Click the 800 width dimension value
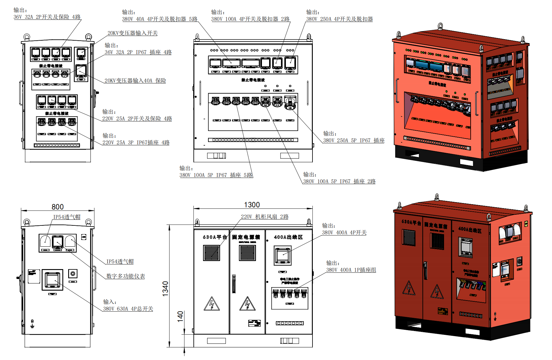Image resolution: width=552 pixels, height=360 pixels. tap(57, 207)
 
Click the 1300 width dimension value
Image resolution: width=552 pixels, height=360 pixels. tap(252, 205)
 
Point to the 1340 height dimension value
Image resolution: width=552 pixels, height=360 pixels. tap(165, 289)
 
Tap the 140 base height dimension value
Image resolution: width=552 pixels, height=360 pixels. tap(180, 316)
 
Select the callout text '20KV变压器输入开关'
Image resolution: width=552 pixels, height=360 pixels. tap(132, 33)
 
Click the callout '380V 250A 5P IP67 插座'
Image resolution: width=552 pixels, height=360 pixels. tap(354, 141)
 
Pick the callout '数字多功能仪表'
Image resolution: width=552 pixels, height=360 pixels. tap(126, 276)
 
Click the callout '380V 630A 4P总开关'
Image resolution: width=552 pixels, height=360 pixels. tap(128, 309)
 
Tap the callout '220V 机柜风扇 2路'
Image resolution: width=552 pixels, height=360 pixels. tap(265, 217)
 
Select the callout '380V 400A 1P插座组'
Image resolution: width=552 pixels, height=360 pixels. tap(351, 270)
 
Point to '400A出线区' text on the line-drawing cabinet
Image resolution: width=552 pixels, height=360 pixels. tap(288, 237)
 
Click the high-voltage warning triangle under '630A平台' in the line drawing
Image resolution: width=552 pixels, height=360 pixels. tap(212, 304)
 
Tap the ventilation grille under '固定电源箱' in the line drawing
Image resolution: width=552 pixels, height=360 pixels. tap(247, 253)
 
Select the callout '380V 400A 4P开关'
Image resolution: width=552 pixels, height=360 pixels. tap(344, 233)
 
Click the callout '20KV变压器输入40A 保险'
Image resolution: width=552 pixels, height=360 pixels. tap(135, 81)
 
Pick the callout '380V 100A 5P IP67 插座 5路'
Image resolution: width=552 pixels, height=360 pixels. tap(216, 175)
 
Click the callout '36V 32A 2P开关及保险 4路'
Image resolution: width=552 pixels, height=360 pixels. tap(47, 17)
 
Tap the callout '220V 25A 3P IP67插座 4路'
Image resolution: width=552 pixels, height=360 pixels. tap(136, 143)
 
